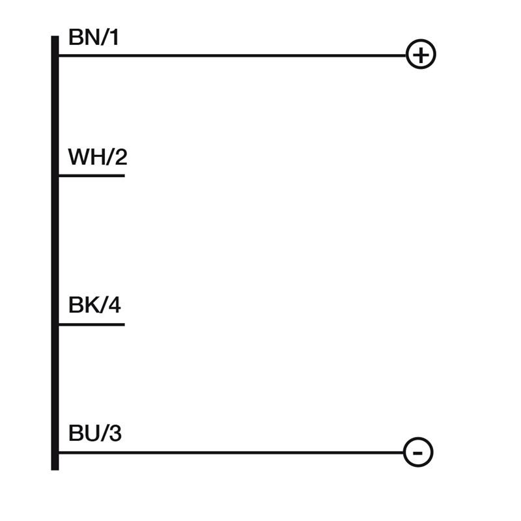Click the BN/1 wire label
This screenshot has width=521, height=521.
[x=93, y=37]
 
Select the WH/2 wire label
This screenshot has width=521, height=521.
[x=98, y=157]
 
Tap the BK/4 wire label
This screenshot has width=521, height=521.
[x=94, y=305]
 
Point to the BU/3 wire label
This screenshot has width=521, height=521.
[x=94, y=433]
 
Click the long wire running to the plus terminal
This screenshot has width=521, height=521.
[x=232, y=55]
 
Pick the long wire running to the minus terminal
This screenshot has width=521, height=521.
[x=231, y=453]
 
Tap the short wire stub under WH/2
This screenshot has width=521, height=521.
[x=92, y=175]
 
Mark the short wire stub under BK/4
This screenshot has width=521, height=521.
[x=92, y=324]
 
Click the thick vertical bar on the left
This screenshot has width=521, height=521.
[x=55, y=253]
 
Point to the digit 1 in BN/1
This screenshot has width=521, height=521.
[x=115, y=37]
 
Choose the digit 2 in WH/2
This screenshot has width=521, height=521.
[x=121, y=157]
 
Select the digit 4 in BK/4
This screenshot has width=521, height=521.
[x=115, y=305]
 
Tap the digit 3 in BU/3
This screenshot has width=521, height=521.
[x=115, y=433]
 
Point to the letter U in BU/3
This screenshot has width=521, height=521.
[x=91, y=433]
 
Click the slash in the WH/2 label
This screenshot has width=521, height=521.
[x=109, y=157]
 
